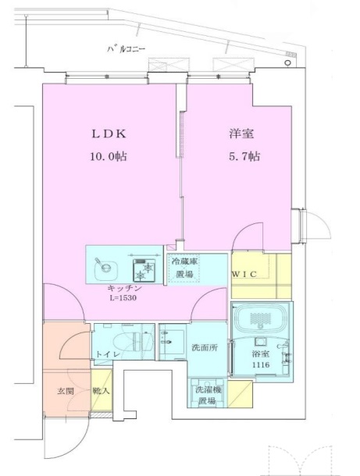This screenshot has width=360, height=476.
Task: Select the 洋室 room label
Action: click(241, 133)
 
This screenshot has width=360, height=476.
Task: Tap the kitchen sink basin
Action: click(104, 268)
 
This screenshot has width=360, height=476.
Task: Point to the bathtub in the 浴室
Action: click(262, 320)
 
